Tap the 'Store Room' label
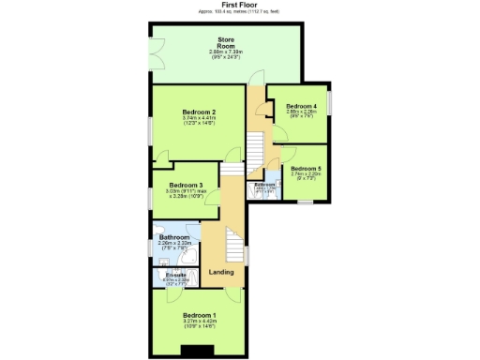pyautogui.click(x=226, y=42)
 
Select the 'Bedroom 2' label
pyautogui.click(x=200, y=112)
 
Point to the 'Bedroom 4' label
pyautogui.click(x=301, y=107)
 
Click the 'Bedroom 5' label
pyautogui.click(x=306, y=169)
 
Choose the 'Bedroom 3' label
pyautogui.click(x=187, y=186)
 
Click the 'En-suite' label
pyautogui.click(x=172, y=274)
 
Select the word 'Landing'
pyautogui.click(x=221, y=272)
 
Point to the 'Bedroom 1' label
pyautogui.click(x=199, y=315)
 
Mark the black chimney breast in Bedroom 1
pyautogui.click(x=199, y=352)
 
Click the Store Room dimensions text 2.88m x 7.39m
pyautogui.click(x=226, y=52)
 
